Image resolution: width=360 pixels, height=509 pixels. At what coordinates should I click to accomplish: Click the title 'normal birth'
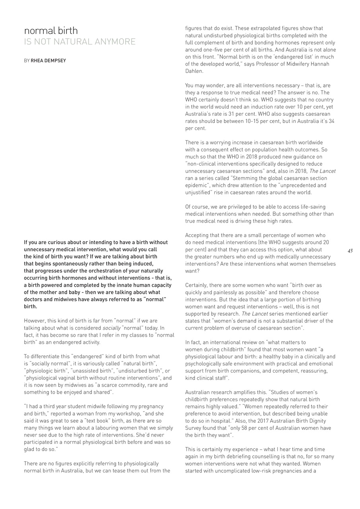tap(51, 31)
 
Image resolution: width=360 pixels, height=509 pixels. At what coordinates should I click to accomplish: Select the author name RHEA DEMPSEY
tap(48, 60)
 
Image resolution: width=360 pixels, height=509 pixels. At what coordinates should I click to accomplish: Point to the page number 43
tap(350, 251)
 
